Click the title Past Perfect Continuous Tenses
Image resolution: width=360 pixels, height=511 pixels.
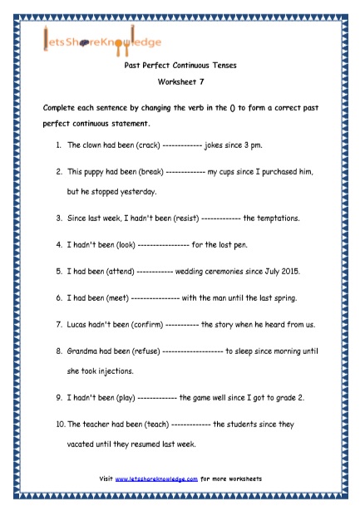tap(180, 72)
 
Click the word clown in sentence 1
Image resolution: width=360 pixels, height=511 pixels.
tap(89, 145)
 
